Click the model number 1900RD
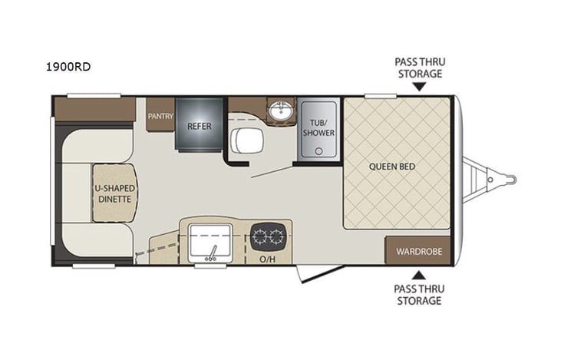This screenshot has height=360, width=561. tap(68, 67)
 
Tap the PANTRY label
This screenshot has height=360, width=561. tap(160, 116)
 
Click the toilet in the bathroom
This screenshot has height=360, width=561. tap(246, 140)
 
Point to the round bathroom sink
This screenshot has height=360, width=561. tap(281, 111)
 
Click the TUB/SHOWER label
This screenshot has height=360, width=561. tap(318, 127)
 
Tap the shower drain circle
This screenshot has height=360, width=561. tap(318, 151)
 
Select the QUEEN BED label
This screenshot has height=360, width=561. tap(392, 167)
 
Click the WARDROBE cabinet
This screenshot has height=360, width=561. tap(418, 250)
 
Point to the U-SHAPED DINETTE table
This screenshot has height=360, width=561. tap(115, 193)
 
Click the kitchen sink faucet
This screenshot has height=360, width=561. tap(212, 253)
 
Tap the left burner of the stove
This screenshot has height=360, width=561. tap(260, 236)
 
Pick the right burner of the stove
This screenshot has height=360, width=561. tap(276, 236)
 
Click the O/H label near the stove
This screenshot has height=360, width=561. tap(267, 259)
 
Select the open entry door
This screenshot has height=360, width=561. tap(319, 274)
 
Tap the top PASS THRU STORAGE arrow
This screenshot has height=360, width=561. tap(419, 86)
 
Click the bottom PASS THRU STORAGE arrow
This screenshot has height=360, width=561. tap(418, 276)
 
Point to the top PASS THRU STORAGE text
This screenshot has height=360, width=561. tap(420, 68)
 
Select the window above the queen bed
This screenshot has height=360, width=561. tap(381, 96)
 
